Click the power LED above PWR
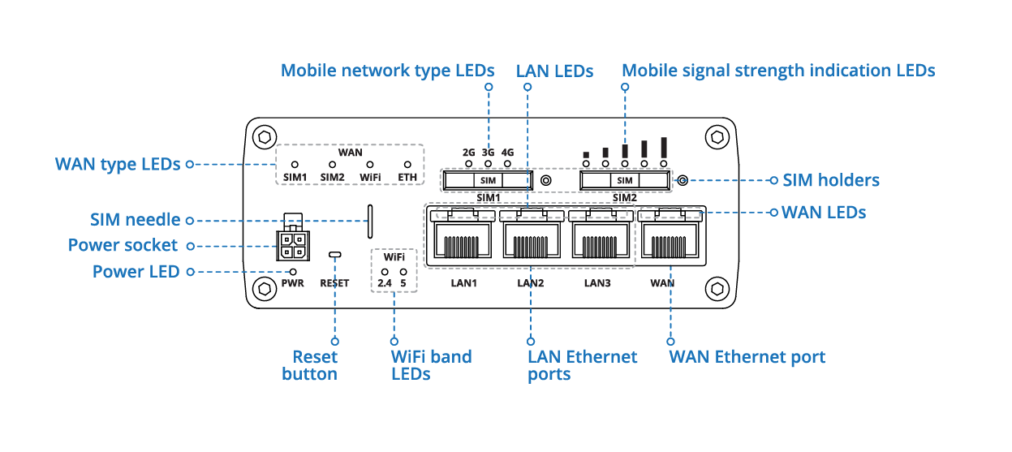coord(293,272)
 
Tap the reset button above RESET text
coord(334,255)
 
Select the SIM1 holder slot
coord(487,180)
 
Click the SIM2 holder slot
coord(625,180)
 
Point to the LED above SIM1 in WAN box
coord(295,164)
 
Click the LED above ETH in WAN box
coord(407,164)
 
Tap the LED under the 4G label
coord(508,164)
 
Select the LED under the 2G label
coord(468,164)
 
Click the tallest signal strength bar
coord(664,147)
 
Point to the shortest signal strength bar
coord(586,154)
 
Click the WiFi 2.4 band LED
coord(385,271)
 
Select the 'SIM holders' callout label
coord(830,180)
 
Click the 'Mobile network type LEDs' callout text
coord(387,71)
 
